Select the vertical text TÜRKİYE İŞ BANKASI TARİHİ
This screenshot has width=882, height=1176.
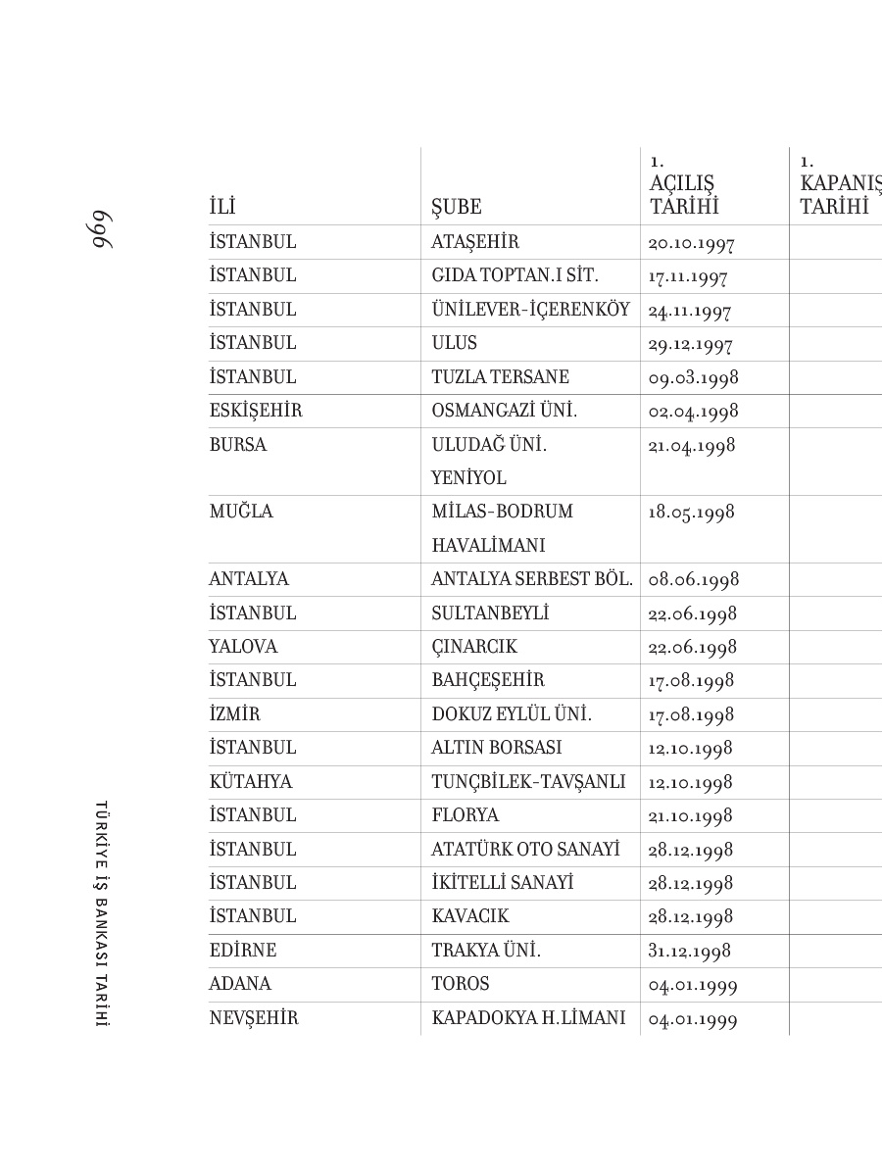point(101,913)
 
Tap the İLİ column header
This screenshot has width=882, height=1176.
point(222,207)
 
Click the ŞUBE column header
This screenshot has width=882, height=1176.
point(457,207)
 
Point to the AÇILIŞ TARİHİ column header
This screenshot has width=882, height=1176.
point(683,195)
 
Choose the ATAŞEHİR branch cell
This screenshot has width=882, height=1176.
point(475,242)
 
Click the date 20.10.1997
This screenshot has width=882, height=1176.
point(691,243)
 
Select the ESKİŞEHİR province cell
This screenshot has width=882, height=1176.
point(256,412)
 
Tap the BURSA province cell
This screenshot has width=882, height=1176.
point(238,445)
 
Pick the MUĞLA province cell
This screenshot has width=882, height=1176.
point(241,512)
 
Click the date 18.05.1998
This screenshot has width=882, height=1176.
point(691,513)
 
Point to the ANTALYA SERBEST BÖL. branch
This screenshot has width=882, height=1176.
point(532,579)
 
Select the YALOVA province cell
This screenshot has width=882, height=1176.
point(243,647)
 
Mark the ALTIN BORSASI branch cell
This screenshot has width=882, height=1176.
point(497,748)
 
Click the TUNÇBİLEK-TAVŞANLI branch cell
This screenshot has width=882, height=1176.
point(528,782)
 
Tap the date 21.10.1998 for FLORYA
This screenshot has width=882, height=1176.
point(691,816)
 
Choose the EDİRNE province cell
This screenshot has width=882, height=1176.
point(243,951)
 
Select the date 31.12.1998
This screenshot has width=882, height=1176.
point(690,951)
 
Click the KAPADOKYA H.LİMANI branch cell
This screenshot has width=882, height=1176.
point(528,1018)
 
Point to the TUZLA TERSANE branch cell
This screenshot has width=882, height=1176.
point(500,377)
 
